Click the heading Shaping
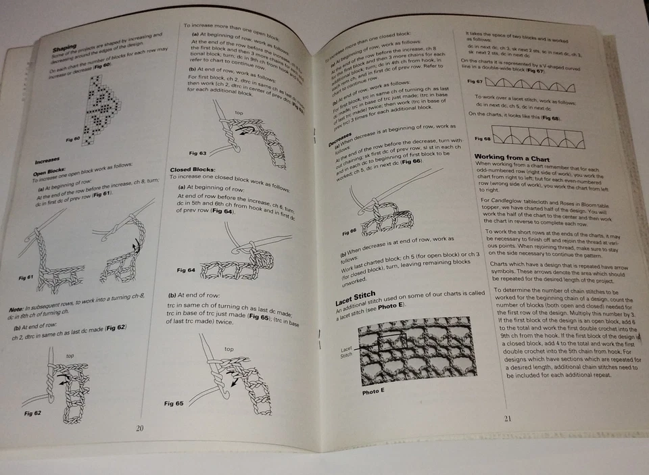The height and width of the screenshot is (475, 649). pyautogui.click(x=65, y=49)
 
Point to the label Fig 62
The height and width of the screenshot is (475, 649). pyautogui.click(x=32, y=412)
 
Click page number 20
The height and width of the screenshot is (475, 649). pyautogui.click(x=139, y=428)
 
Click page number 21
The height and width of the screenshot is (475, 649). pyautogui.click(x=508, y=418)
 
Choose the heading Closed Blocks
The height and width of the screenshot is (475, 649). pyautogui.click(x=193, y=170)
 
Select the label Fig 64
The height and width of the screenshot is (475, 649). pyautogui.click(x=186, y=270)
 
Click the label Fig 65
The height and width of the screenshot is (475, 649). pyautogui.click(x=174, y=403)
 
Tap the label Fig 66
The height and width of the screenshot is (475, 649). pyautogui.click(x=349, y=231)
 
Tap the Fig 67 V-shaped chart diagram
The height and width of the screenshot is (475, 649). pyautogui.click(x=534, y=84)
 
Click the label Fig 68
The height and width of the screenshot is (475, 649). pyautogui.click(x=481, y=139)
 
